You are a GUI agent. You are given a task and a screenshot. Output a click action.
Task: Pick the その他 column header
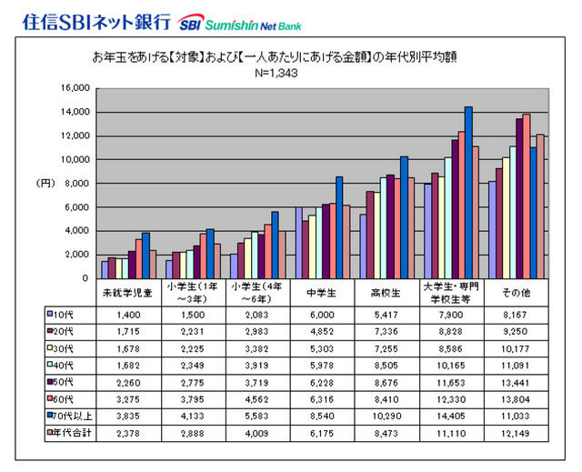517,293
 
